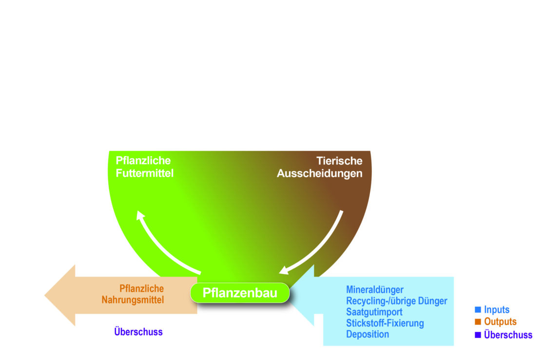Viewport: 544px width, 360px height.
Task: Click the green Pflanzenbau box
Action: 240,293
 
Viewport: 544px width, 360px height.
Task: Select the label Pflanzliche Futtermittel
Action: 144,167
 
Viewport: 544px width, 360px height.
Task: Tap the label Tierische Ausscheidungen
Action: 320,167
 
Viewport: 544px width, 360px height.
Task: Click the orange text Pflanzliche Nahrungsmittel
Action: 133,294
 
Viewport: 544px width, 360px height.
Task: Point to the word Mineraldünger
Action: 375,290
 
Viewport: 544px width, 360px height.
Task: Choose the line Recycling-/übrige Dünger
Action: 396,301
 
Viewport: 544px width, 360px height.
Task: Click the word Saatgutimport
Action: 374,312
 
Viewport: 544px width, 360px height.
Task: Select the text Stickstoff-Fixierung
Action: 385,323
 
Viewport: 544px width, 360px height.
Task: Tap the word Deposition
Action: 368,334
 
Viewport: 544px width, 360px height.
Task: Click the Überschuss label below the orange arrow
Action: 138,332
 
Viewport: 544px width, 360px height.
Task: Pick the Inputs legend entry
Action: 496,310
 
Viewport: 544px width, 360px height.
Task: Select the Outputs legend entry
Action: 500,322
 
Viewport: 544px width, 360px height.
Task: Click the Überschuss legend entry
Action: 508,335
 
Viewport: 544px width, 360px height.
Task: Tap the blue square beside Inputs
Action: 478,309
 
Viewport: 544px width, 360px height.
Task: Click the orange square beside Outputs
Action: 478,321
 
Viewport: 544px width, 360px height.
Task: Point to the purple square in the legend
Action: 478,335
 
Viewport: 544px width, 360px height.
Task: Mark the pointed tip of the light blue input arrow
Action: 291,295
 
